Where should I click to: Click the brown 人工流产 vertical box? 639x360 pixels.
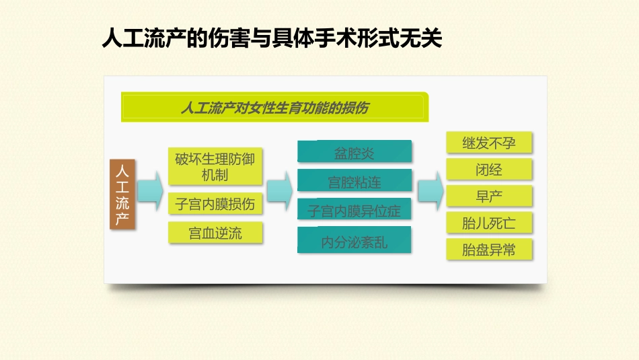point(123,194)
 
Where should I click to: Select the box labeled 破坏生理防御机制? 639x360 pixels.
point(215,167)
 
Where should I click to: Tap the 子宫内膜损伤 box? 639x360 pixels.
point(215,204)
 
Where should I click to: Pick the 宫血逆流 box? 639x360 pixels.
point(215,233)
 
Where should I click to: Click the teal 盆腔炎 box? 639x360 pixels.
point(354,152)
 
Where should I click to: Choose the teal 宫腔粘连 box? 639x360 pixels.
point(354,181)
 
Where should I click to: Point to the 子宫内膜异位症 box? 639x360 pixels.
point(354,211)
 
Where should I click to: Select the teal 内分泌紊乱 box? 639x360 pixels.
point(354,241)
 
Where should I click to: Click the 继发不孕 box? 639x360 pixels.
point(489,143)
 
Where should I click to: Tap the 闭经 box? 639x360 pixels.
point(489,170)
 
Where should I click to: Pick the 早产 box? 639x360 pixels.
point(489,196)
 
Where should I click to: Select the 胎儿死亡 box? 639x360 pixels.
point(489,223)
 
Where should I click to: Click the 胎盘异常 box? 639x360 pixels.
point(489,250)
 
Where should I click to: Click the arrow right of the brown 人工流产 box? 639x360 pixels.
point(151,190)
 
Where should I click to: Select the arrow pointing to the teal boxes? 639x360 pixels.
point(279,190)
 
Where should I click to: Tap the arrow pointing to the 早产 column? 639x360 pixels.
point(430,190)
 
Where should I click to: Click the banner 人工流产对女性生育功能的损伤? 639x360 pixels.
point(274,108)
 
